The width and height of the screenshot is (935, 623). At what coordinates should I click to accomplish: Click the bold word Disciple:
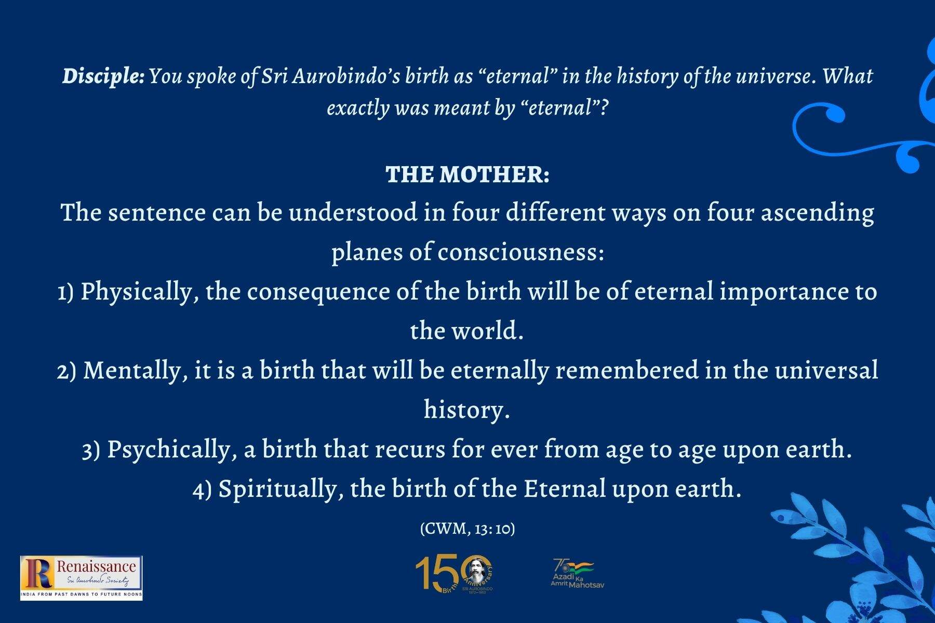pos(103,76)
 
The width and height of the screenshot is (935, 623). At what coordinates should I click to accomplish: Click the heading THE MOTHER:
pos(468,174)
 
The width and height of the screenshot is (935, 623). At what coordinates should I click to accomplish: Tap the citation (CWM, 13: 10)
pos(468,529)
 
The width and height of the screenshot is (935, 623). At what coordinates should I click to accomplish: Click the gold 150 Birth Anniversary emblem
pos(455,575)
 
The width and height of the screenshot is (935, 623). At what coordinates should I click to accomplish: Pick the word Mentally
pos(132,370)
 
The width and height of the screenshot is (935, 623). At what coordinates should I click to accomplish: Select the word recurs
pos(410,449)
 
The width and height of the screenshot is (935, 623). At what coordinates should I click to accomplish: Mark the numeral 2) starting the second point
pos(66,371)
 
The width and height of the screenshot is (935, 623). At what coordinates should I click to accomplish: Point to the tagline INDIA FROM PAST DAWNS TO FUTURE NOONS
pos(82,593)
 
